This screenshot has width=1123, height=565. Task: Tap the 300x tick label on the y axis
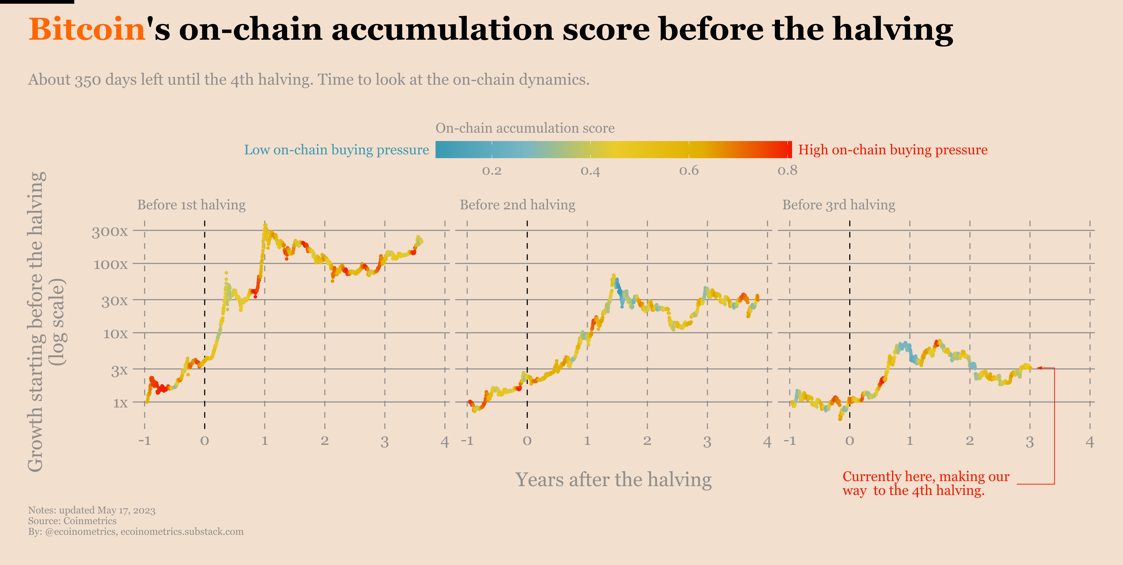coord(109,232)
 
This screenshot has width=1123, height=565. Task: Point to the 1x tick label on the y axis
coord(120,403)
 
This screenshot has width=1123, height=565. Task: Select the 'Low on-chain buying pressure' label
coord(336,150)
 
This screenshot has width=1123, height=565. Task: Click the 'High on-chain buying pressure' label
coord(892,150)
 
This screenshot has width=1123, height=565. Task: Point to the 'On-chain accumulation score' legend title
coord(525,128)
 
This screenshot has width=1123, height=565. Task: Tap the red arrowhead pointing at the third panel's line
coord(1039,368)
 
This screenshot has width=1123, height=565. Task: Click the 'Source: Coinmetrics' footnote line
coord(72,521)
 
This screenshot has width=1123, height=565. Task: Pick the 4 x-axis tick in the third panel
coord(1089,442)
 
